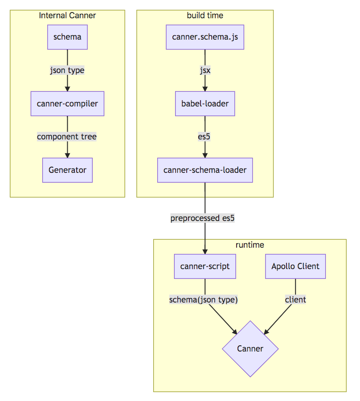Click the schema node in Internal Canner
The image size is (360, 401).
(x=67, y=37)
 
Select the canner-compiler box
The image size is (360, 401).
(x=67, y=104)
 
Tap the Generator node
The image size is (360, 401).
(x=67, y=170)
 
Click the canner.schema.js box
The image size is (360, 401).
(x=205, y=37)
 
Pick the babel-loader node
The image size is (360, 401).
(x=205, y=104)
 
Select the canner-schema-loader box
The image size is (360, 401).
(x=205, y=170)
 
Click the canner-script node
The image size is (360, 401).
(x=205, y=266)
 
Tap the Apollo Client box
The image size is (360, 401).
(x=295, y=266)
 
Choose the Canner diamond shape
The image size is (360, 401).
(x=250, y=348)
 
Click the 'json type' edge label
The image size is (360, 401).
(x=67, y=70)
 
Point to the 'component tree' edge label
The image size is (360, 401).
(x=67, y=137)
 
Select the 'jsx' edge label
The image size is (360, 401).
(x=205, y=70)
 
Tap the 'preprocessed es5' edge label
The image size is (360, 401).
(x=202, y=218)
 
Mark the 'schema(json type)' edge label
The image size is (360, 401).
(x=204, y=300)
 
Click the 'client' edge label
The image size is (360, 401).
(x=295, y=300)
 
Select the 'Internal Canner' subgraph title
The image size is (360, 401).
(x=67, y=16)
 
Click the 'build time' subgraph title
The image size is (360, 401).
(x=205, y=16)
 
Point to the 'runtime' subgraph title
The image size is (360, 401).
(x=250, y=245)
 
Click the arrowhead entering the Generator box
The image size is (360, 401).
(x=67, y=155)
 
